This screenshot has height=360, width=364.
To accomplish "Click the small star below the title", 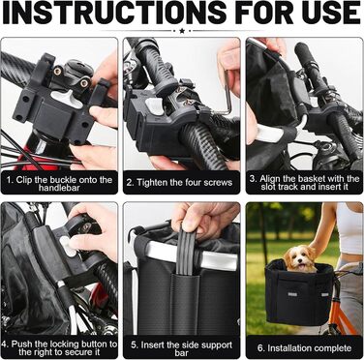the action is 182,31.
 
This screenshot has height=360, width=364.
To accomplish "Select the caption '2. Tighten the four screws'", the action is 179,183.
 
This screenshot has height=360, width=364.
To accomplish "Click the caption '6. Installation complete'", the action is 304,348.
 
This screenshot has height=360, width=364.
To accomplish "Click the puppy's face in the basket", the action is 300,260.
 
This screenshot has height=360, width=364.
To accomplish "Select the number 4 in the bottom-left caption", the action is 4,345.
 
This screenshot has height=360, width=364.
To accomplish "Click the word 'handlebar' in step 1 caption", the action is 59,188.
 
